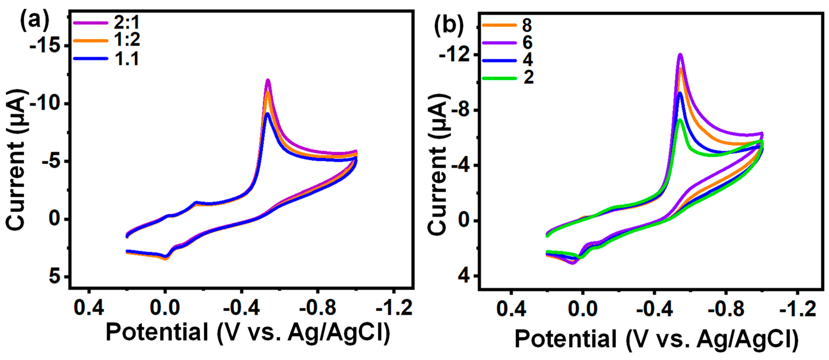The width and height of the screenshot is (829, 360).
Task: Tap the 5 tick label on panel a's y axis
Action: point(55,277)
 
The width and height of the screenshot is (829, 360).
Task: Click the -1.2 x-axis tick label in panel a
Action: point(394,308)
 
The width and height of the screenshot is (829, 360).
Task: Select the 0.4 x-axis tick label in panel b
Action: point(511,309)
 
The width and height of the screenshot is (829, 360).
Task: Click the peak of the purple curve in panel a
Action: point(268,80)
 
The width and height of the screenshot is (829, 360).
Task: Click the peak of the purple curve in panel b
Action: point(680,55)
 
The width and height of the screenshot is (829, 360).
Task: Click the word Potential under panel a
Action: point(157,333)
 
